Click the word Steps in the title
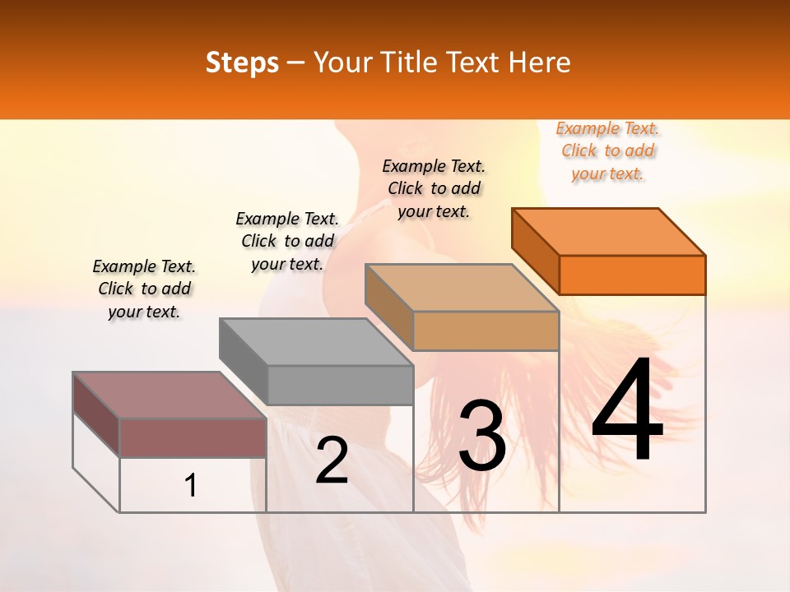(x=242, y=62)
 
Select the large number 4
(x=628, y=410)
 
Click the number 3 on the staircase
(x=482, y=436)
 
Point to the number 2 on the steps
(x=332, y=460)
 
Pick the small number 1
(x=191, y=486)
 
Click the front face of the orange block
(x=632, y=275)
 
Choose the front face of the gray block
(x=340, y=385)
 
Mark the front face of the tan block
(x=486, y=331)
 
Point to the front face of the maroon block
(x=193, y=437)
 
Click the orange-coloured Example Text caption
(x=608, y=151)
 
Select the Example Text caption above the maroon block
(x=144, y=289)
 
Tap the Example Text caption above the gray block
(x=287, y=242)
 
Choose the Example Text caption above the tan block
(x=434, y=188)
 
